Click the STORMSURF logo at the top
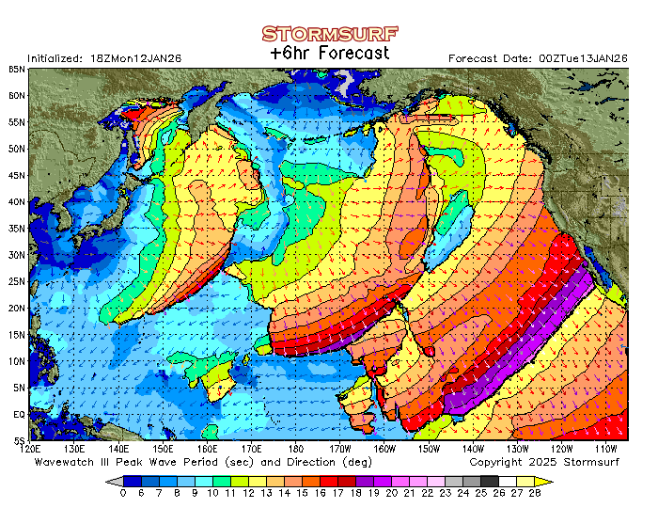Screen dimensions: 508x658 [x=329, y=34]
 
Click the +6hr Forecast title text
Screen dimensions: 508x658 [x=329, y=54]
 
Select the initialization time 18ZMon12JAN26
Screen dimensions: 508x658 [x=139, y=58]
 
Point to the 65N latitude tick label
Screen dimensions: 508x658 [x=17, y=69]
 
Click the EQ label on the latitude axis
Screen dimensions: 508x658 [x=19, y=414]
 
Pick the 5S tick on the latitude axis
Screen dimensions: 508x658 [x=19, y=440]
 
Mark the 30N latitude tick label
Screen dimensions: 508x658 [x=17, y=254]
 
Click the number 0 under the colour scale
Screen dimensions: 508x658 [x=123, y=493]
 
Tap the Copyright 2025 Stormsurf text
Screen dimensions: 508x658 [x=548, y=462]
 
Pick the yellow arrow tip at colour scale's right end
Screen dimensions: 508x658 [x=548, y=480]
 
